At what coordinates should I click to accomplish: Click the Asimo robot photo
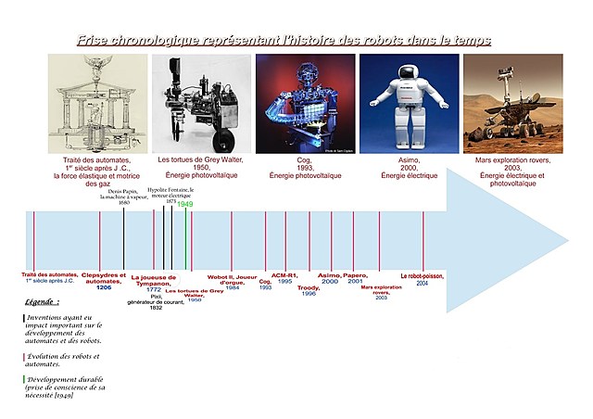[x=409, y=103]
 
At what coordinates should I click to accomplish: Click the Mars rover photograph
[x=512, y=103]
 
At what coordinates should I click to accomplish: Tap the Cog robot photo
[x=305, y=103]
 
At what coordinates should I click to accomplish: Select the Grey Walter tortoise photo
[x=201, y=103]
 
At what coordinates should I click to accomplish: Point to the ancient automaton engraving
[x=97, y=103]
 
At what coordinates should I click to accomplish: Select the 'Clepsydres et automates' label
[x=104, y=279]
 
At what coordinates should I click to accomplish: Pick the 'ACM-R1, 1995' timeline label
[x=285, y=279]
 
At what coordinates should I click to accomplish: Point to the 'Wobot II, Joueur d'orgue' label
[x=232, y=280]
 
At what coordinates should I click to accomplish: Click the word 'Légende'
[x=43, y=302]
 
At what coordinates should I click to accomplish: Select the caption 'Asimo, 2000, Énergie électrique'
[x=409, y=166]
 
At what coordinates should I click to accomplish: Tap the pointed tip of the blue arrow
[x=567, y=241]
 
